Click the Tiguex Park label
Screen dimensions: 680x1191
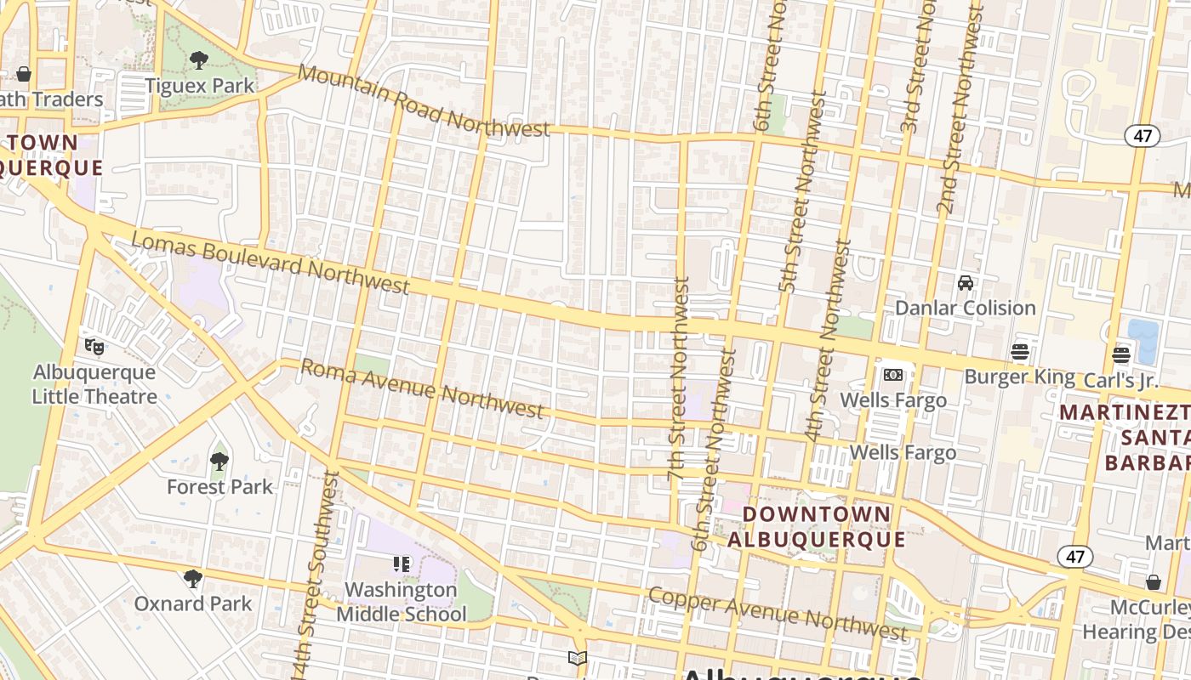[199, 86]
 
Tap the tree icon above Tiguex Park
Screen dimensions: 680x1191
[199, 60]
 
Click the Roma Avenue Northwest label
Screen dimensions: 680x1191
[422, 388]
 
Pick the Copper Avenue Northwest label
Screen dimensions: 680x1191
[777, 612]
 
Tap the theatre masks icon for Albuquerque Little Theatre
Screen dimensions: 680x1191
[94, 347]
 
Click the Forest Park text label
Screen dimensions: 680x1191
[219, 487]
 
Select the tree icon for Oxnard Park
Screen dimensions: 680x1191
[193, 579]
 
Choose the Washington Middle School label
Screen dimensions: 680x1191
[402, 601]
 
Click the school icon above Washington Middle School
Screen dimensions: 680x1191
[402, 564]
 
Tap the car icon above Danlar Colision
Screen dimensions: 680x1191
[965, 283]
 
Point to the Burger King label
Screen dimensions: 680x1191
[1019, 376]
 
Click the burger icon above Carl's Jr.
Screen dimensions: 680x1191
[1120, 355]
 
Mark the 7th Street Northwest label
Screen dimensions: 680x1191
[677, 377]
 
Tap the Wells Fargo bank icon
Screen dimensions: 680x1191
[892, 374]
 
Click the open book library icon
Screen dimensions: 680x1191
[578, 658]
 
